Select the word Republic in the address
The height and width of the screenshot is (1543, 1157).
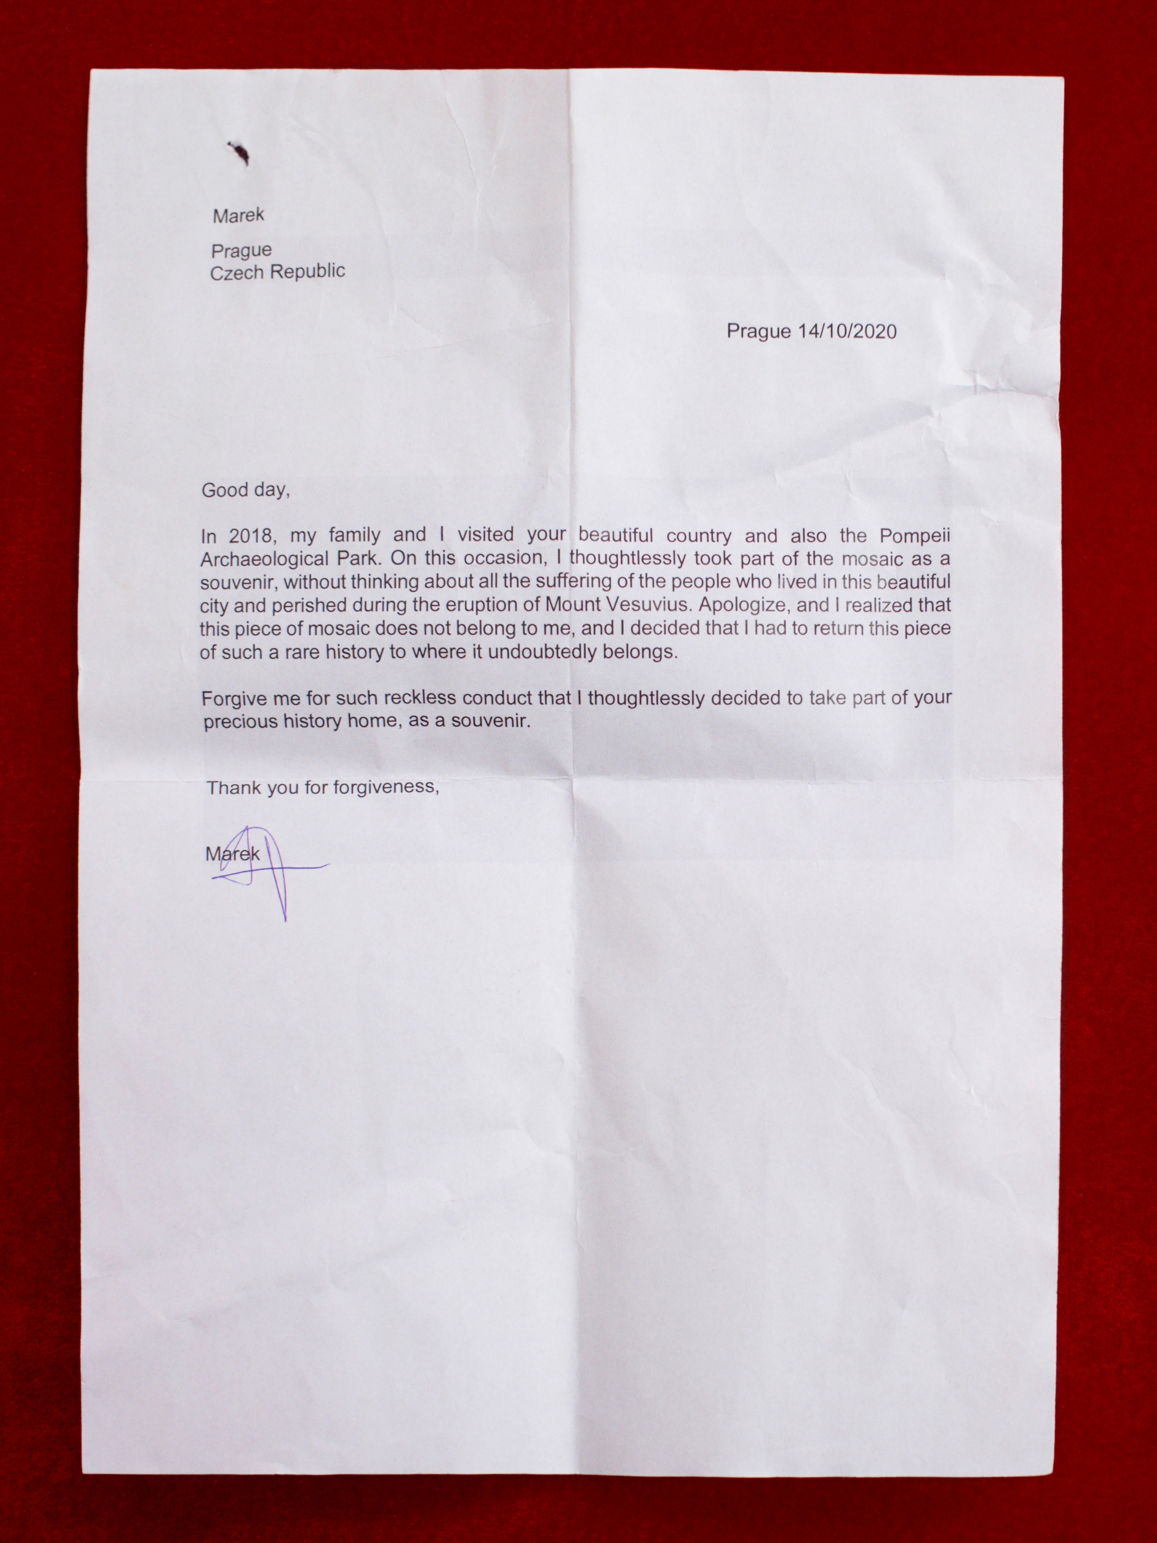pos(308,270)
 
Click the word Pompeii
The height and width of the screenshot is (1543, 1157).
pos(915,536)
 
